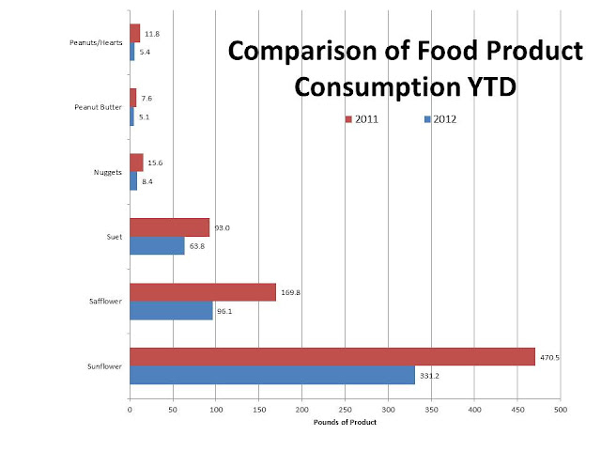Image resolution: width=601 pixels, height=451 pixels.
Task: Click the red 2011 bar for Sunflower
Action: tap(331, 356)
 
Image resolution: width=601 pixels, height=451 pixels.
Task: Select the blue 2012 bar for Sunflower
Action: tap(271, 375)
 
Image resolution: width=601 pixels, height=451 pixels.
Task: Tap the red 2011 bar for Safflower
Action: tap(202, 292)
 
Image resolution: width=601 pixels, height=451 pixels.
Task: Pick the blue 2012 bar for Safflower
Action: tap(171, 310)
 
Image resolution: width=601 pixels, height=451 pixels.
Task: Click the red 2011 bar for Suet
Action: tap(169, 227)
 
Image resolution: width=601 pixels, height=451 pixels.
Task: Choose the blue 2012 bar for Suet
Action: tap(157, 246)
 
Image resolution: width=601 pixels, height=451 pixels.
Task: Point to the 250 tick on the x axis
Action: tap(345, 409)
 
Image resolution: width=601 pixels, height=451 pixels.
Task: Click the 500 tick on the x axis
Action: tap(561, 409)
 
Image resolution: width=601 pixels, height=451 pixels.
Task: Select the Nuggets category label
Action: tap(108, 173)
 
